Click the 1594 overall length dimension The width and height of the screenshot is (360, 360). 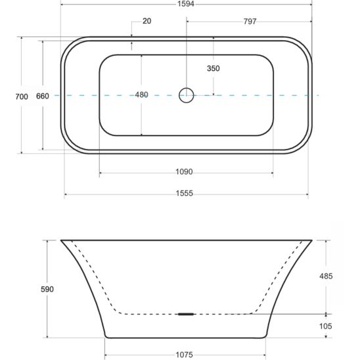click(186, 4)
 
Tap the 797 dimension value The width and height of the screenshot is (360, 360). click(250, 22)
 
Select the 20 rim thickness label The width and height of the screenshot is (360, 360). click(147, 21)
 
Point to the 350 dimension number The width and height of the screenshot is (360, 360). click(214, 68)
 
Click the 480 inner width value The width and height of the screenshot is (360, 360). click(141, 95)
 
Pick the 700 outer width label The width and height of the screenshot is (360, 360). click(22, 97)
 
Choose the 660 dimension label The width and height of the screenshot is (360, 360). click(43, 96)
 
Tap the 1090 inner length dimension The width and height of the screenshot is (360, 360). click(184, 171)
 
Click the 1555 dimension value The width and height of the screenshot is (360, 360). click(185, 193)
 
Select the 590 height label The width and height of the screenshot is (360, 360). click(47, 289)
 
